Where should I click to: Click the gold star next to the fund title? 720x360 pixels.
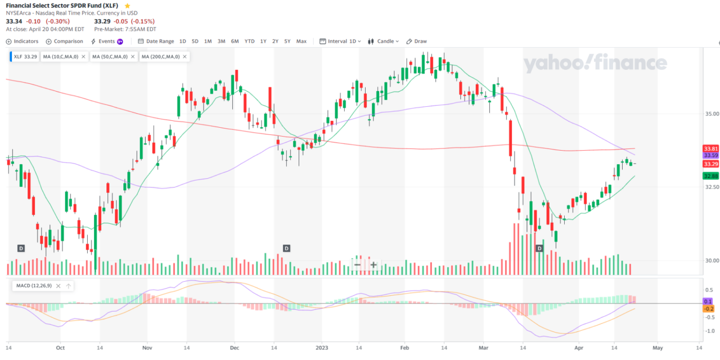[127, 5]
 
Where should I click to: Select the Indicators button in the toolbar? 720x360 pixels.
[22, 41]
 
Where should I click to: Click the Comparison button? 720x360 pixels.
[65, 41]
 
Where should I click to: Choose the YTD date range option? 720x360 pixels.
[249, 41]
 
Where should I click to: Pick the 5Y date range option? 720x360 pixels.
[287, 41]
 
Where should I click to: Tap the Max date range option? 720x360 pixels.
[301, 41]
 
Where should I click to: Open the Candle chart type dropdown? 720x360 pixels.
[384, 41]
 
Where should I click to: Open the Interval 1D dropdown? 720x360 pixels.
[340, 41]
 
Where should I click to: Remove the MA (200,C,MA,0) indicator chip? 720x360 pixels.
[184, 56]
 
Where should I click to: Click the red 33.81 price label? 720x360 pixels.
[711, 148]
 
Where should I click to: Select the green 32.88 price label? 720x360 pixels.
[711, 176]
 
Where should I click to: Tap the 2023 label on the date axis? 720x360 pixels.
[321, 348]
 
